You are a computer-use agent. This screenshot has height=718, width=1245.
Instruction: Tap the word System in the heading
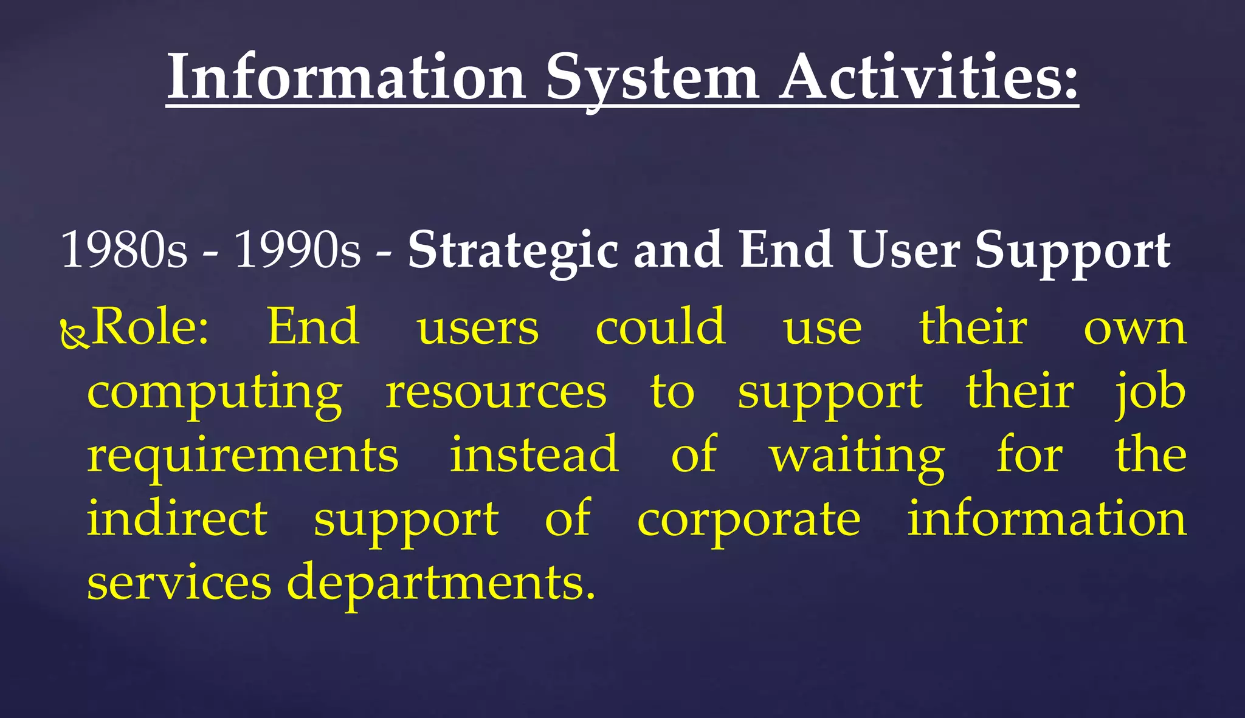(x=652, y=79)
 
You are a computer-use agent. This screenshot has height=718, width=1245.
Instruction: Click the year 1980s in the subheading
(x=125, y=250)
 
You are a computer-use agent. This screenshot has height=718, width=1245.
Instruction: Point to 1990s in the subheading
(x=298, y=250)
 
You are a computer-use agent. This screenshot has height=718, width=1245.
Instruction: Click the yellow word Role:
(x=150, y=327)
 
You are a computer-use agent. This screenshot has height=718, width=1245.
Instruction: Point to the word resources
(x=496, y=392)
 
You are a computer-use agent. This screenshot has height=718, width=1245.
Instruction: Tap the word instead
(x=534, y=455)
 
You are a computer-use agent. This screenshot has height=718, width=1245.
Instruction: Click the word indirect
(x=177, y=519)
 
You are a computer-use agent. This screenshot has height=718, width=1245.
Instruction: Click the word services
(x=179, y=583)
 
